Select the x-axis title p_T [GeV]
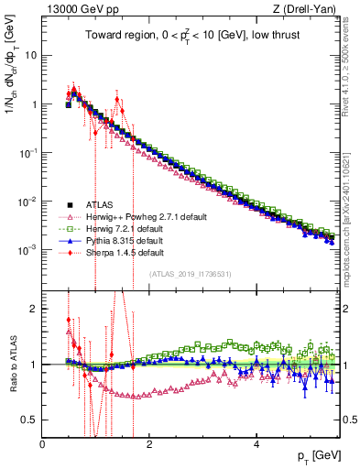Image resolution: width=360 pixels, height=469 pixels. [316, 455]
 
